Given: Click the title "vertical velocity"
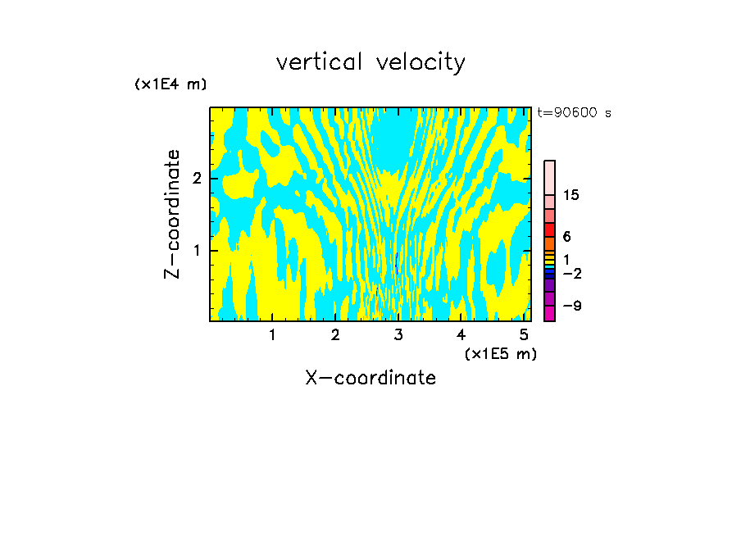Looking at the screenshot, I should click(x=370, y=62).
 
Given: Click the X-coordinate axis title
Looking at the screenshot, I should click(x=370, y=378).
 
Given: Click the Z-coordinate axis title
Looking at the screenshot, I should click(x=172, y=214).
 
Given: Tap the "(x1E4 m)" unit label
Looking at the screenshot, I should click(x=170, y=84).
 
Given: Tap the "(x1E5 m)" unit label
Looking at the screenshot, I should click(x=500, y=353).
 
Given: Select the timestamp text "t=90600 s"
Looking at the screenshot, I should click(x=574, y=113).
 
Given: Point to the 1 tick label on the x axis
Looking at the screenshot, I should click(x=272, y=334).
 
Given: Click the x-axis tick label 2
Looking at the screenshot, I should click(x=335, y=334).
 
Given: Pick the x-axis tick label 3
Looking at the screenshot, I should click(x=398, y=334).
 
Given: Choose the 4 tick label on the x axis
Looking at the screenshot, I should click(x=461, y=334).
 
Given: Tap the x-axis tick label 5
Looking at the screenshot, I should click(x=524, y=334).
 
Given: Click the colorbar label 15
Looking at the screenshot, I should click(x=571, y=195).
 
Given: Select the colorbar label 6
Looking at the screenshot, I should click(x=566, y=236).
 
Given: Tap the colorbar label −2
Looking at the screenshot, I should click(x=571, y=273).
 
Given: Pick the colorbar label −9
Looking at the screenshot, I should click(x=571, y=306).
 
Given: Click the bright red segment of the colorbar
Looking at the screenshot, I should click(x=549, y=229).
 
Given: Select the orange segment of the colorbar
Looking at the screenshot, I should click(x=549, y=243).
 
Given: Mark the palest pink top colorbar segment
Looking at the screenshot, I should click(x=549, y=177).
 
